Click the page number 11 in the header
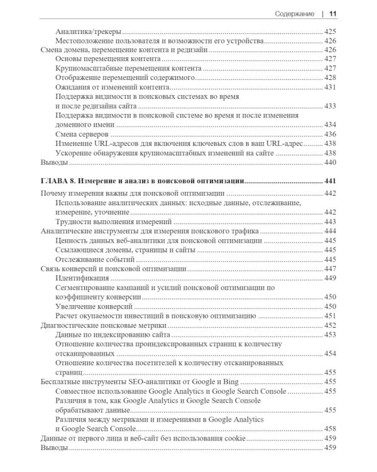333,13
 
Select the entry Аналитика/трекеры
89,31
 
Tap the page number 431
331,87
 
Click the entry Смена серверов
82,134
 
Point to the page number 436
331,134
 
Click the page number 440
331,162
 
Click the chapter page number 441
331,181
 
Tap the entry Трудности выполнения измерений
114,222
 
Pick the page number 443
331,222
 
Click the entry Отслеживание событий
95,259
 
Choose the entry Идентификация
82,278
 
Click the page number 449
331,278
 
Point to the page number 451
331,315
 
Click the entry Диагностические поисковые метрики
106,325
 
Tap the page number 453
331,334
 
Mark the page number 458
331,428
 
